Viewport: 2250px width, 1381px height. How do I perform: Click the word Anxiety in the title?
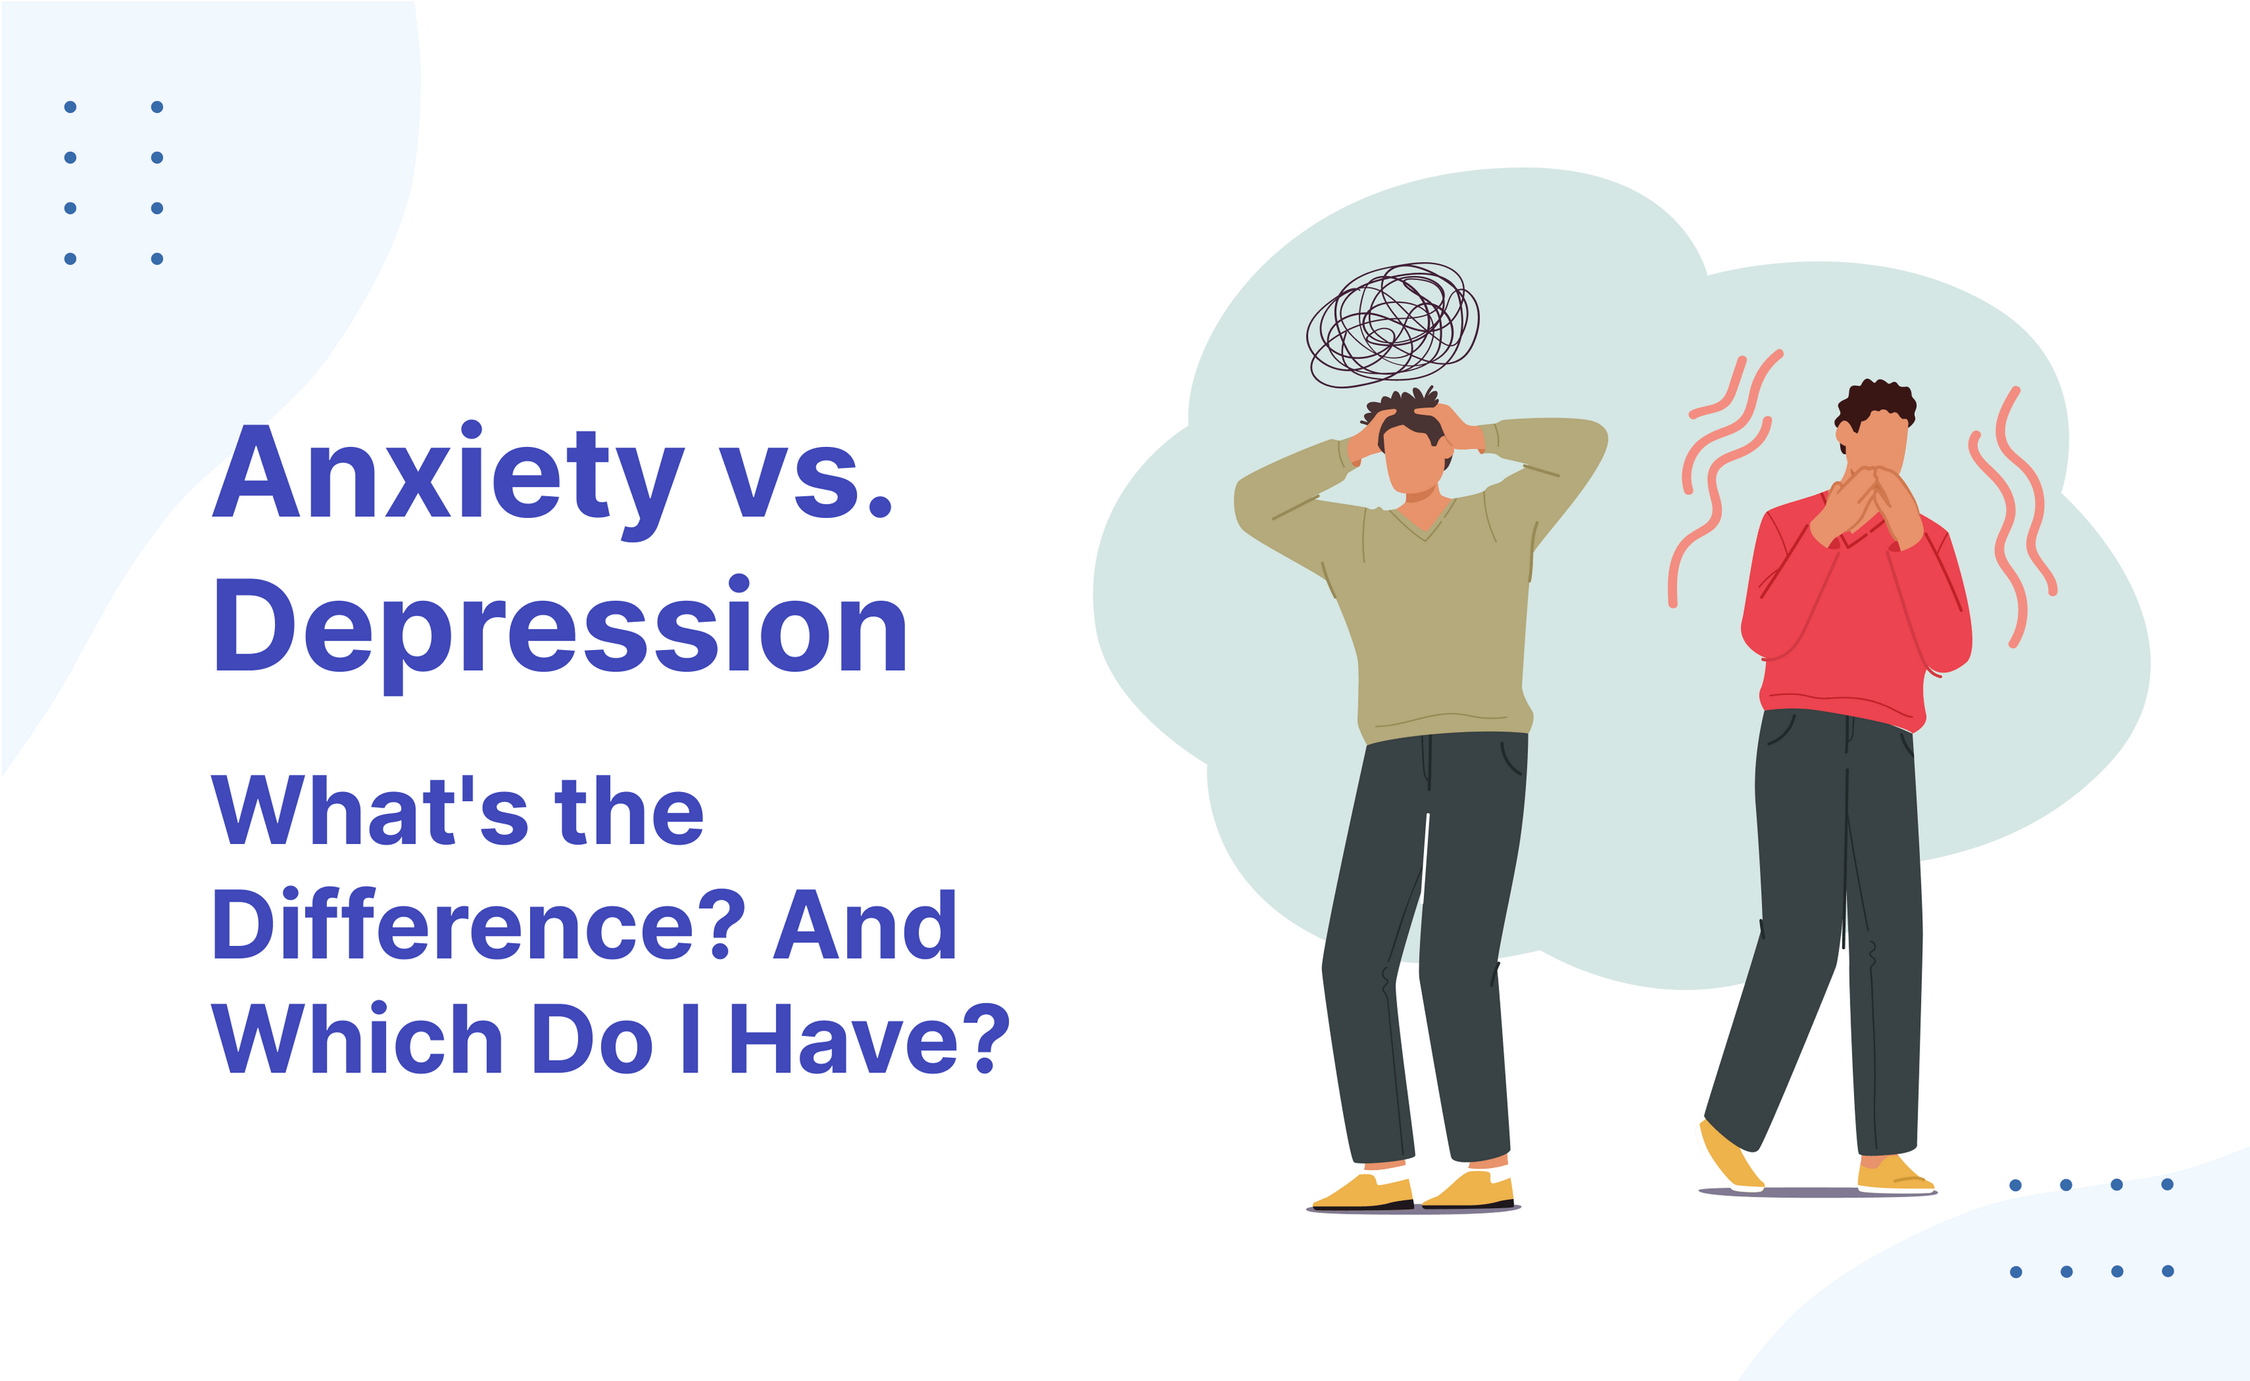pos(448,475)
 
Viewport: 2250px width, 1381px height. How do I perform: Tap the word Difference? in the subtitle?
pos(477,925)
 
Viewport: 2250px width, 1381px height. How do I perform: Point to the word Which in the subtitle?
pos(356,1039)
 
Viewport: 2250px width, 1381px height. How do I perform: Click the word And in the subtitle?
pos(864,925)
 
